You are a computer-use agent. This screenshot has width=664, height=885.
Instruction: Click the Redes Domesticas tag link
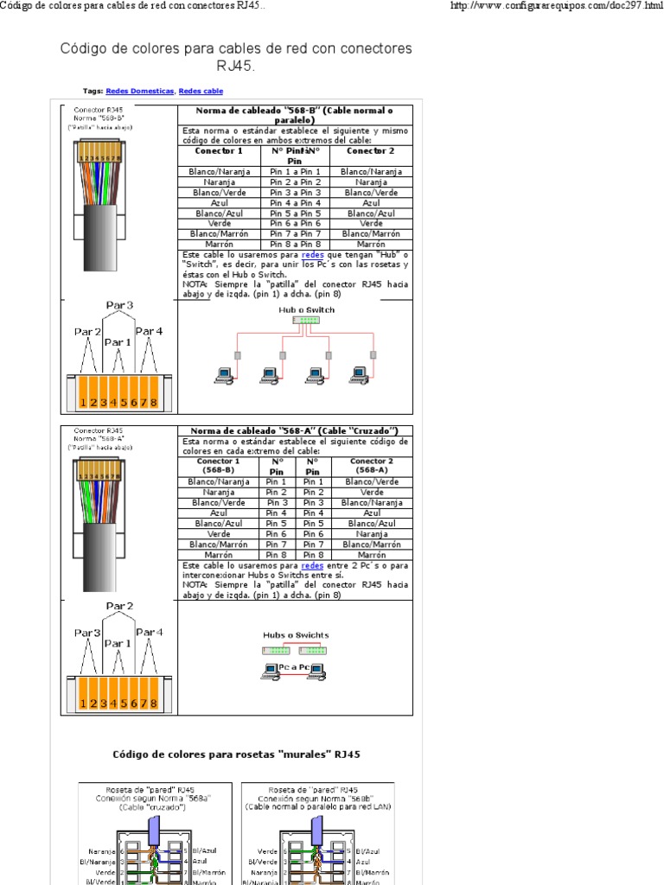[x=140, y=91]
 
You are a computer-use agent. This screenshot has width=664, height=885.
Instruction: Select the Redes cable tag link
[x=201, y=91]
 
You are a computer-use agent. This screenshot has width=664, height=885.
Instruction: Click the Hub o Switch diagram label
[x=306, y=309]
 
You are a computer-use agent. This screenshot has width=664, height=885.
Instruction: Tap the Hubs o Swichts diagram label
[x=296, y=635]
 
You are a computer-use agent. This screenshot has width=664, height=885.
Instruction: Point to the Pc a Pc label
[x=294, y=668]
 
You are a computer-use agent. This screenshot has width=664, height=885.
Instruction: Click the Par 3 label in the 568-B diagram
[x=119, y=305]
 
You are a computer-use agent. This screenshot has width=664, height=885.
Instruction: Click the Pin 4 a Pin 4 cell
[x=295, y=203]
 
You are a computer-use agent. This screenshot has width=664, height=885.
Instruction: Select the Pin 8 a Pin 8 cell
[x=295, y=245]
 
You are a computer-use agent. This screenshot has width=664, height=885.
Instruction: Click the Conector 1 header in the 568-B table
[x=219, y=151]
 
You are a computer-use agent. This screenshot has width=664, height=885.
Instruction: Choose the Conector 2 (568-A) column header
[x=372, y=465]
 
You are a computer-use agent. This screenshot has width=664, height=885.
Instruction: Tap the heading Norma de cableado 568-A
[x=296, y=430]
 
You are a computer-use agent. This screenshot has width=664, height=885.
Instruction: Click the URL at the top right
[x=552, y=6]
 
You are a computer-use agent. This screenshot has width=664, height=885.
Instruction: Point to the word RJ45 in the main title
[x=235, y=66]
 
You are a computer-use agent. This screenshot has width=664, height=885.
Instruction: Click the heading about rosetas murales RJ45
[x=236, y=754]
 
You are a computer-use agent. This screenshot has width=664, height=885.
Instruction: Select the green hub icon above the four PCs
[x=305, y=320]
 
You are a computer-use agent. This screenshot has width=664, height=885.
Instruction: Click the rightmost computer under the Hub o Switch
[x=359, y=374]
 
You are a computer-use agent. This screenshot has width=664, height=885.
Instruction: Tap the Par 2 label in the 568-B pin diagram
[x=87, y=332]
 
